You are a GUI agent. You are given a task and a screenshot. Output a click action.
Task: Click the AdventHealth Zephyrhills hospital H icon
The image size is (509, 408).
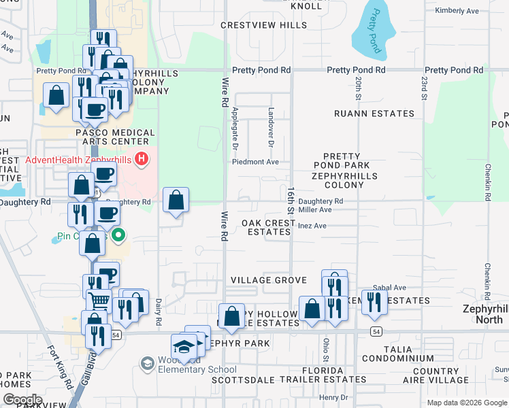(142, 160)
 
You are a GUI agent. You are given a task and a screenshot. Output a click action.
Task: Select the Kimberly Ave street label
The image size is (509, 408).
(458, 11)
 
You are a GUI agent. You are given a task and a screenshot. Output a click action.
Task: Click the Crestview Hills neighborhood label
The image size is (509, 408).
(264, 25)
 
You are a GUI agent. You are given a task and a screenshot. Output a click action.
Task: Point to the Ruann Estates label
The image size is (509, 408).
(374, 114)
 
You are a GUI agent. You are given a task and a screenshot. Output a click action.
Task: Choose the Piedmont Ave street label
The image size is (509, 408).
(256, 162)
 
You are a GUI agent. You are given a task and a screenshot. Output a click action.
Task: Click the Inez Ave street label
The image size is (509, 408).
(312, 226)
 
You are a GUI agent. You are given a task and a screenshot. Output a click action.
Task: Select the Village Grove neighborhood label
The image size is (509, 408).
(269, 280)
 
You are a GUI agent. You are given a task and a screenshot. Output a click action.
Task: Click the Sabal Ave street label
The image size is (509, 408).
(389, 288)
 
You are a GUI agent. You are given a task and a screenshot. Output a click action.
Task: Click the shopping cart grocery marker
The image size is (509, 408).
(100, 300)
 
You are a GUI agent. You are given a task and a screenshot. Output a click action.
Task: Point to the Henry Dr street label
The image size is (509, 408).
(333, 397)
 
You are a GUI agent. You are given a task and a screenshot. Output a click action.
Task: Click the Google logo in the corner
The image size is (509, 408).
(23, 399)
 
